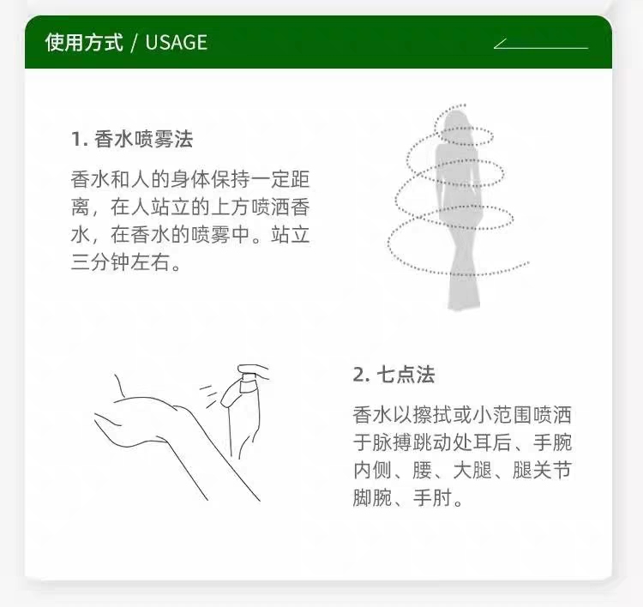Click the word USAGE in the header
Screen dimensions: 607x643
[x=177, y=42]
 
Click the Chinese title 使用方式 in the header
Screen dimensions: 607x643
[x=84, y=42]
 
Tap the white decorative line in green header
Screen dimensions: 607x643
[x=541, y=44]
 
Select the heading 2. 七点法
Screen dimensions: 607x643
[x=394, y=375]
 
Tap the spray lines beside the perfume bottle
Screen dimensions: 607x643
[x=209, y=392]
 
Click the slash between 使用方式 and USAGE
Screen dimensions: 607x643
[x=134, y=42]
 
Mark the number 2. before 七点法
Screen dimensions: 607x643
[x=360, y=375]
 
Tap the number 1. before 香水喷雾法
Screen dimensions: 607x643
[x=79, y=140]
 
